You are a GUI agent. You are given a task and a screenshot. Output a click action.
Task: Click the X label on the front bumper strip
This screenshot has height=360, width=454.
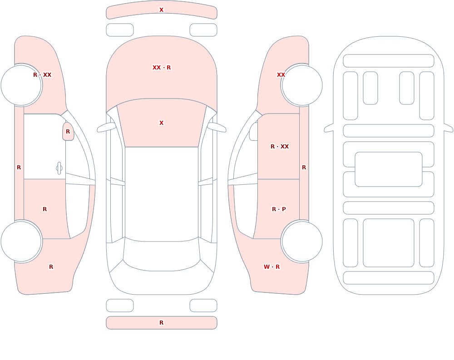point(161,10)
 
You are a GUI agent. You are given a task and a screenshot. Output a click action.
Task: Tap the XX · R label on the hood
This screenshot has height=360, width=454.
point(162,68)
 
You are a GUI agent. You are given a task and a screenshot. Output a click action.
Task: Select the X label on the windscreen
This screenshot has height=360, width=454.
point(161,123)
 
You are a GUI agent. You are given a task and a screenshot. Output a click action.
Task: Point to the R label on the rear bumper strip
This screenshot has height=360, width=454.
point(161,323)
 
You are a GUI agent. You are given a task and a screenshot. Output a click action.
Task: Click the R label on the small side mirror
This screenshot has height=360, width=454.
point(68,132)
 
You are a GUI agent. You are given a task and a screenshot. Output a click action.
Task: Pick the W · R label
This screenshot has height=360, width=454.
point(271,267)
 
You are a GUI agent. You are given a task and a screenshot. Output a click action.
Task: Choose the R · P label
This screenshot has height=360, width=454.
point(279,209)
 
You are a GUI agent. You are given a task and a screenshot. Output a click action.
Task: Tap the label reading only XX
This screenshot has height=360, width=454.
point(281,75)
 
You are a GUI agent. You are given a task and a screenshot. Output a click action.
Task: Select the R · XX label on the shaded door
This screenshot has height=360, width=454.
point(279,147)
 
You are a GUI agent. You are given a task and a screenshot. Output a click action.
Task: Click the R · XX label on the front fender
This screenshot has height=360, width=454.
point(42,75)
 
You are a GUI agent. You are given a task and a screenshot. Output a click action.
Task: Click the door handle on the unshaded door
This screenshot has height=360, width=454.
point(59,168)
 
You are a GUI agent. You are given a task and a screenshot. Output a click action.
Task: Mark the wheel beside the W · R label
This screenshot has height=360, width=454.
point(302,241)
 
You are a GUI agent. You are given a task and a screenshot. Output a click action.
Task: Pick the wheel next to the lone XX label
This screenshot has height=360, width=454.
point(302,85)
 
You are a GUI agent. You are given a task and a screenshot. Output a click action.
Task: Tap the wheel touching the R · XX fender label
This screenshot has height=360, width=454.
point(21,85)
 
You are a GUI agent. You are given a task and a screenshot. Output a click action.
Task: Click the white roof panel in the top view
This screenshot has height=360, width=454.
point(162,192)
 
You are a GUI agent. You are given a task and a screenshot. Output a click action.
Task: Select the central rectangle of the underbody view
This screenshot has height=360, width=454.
point(389,169)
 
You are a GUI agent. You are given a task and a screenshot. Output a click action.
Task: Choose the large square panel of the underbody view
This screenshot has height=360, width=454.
point(389,243)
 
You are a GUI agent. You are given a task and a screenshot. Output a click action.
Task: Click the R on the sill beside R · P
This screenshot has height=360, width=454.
point(304,168)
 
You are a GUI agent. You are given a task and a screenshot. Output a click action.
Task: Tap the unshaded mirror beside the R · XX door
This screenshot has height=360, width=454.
point(254,132)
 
